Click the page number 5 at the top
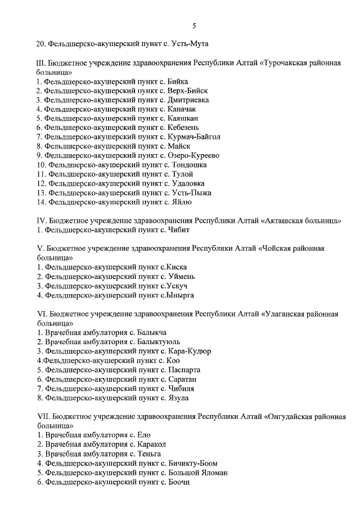pyautogui.click(x=193, y=26)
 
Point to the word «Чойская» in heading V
pyautogui.click(x=280, y=247)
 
